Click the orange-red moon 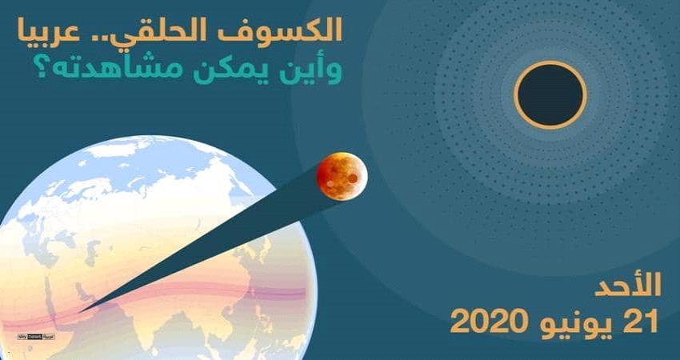coord(342,174)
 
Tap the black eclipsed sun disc coord(550,94)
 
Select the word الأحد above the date coord(631,287)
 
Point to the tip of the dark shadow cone coord(79,310)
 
